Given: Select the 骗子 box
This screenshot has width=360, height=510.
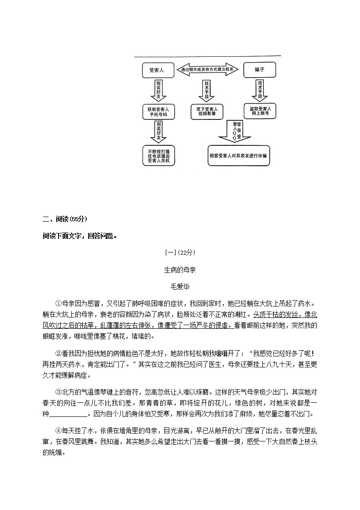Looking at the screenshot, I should [x=260, y=70].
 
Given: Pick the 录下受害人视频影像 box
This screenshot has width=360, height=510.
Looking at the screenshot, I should [x=207, y=112].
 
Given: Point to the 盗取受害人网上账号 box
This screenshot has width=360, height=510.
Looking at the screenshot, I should [x=260, y=112].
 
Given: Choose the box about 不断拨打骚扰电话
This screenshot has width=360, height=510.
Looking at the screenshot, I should [x=158, y=156].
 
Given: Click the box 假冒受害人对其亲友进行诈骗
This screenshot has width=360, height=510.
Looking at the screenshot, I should [x=238, y=156].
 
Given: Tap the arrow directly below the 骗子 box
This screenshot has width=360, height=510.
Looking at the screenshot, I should [x=260, y=90].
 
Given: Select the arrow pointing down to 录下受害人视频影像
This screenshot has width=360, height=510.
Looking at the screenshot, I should [x=207, y=90].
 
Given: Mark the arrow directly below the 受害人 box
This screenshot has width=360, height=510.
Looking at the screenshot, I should [x=158, y=90].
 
